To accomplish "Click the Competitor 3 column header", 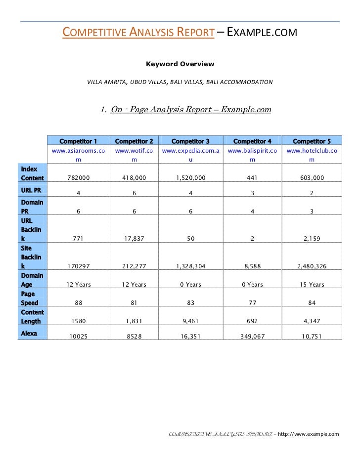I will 190,141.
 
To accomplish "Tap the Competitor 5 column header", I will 312,141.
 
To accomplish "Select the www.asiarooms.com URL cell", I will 78,155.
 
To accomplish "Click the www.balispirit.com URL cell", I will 252,155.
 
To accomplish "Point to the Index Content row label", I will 32,173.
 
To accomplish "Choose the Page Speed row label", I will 32,298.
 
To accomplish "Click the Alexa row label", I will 30,334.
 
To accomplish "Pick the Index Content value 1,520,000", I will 190,178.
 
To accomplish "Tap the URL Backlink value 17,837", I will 134,239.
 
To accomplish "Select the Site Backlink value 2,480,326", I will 312,267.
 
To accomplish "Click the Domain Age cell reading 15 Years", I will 312,285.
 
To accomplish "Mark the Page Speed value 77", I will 252,302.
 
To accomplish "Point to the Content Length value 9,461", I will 190,321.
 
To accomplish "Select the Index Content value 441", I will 252,178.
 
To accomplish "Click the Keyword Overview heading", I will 180,64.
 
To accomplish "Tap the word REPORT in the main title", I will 195,33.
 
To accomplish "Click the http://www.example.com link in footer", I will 309,434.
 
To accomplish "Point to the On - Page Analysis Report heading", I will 191,110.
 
